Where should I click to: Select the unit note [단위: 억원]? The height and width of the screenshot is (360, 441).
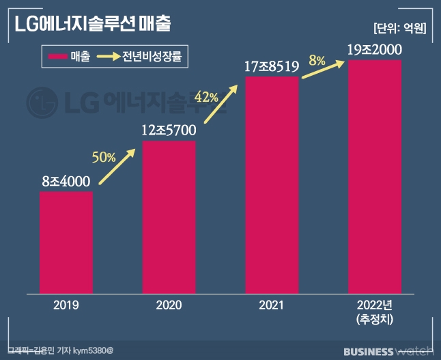(x=399, y=28)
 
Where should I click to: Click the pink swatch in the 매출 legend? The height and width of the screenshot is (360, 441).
(x=55, y=57)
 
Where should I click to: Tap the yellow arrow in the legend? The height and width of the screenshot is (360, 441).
(x=108, y=57)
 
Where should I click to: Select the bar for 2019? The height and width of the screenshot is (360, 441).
(x=66, y=243)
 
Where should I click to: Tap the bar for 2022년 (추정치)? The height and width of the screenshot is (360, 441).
(x=375, y=178)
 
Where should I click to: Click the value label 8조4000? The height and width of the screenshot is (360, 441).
(x=66, y=182)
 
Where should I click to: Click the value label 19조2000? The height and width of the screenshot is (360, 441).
(x=375, y=50)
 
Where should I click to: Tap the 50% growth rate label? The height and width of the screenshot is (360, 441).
(x=104, y=156)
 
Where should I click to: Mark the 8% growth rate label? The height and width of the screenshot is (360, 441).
(x=316, y=60)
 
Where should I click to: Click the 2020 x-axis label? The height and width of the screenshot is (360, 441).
(x=169, y=307)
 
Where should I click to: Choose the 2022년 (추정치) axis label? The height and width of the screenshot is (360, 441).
(x=375, y=312)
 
